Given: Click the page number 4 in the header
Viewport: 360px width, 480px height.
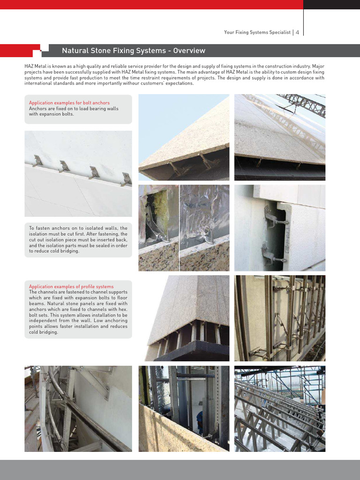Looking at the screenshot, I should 297,32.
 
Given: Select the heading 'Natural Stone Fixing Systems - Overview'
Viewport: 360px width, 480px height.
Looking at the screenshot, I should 134,51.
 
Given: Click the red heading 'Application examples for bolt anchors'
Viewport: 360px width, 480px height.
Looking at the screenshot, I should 69,103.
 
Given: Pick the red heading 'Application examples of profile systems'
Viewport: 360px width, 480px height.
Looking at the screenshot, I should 71,286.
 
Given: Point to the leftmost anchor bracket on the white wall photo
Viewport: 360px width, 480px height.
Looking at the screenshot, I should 37,161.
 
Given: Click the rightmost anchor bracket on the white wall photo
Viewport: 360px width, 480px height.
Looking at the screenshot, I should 126,179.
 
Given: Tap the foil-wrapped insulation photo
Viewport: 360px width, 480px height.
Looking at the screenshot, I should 204,227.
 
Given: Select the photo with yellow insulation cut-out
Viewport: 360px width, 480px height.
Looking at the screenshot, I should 158,227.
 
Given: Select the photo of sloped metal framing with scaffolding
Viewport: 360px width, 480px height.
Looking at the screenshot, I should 279,409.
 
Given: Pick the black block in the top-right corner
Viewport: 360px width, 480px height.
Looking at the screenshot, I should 332,5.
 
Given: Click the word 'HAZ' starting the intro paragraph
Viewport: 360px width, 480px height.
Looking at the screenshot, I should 29,67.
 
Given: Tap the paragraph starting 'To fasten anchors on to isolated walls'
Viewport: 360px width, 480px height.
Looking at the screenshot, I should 78,240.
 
